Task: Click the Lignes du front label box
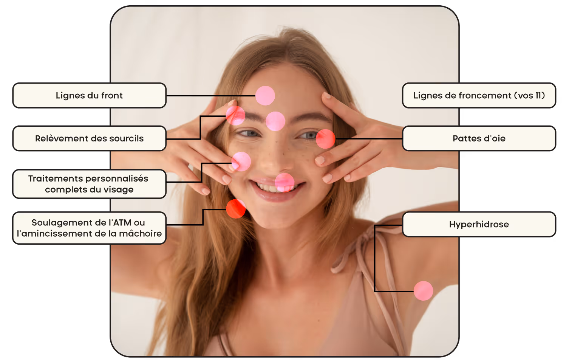(x=90, y=95)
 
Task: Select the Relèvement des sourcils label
(x=90, y=138)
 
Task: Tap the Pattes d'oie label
(x=479, y=138)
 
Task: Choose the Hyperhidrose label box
(x=479, y=224)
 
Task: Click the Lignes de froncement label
(x=479, y=95)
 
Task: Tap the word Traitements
(x=52, y=178)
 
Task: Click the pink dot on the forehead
(x=265, y=96)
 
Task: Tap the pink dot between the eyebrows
(x=275, y=121)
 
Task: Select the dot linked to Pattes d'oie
(x=325, y=139)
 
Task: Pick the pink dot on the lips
(x=284, y=183)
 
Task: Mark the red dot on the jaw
(x=236, y=209)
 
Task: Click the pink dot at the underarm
(x=423, y=291)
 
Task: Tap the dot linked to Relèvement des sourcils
(x=236, y=116)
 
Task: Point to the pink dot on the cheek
(x=241, y=161)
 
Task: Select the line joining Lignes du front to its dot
(x=211, y=96)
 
